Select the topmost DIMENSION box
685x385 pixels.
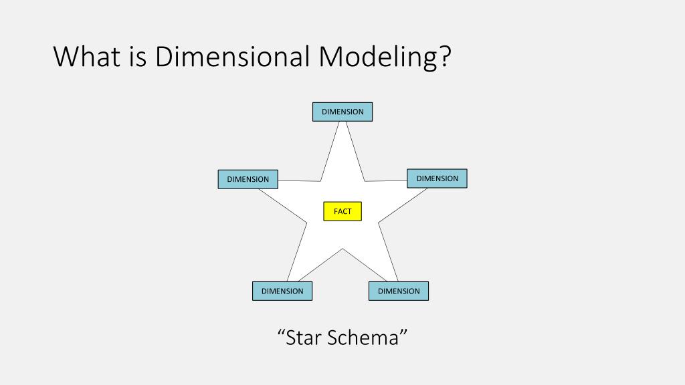click(x=342, y=112)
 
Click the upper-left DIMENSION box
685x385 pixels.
click(x=248, y=179)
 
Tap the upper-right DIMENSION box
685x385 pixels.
click(x=437, y=178)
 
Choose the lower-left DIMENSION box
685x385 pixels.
click(x=282, y=291)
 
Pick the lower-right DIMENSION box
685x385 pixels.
click(x=399, y=291)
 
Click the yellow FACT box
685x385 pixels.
click(x=342, y=211)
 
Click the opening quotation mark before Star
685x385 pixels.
click(x=281, y=332)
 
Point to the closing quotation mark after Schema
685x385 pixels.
click(x=403, y=332)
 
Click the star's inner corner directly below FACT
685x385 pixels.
click(x=343, y=249)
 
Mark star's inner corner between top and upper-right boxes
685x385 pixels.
click(x=365, y=181)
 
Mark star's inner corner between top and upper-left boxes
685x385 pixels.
click(x=321, y=181)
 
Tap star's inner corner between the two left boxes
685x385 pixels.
click(x=307, y=222)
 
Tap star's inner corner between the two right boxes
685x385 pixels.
click(x=379, y=222)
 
